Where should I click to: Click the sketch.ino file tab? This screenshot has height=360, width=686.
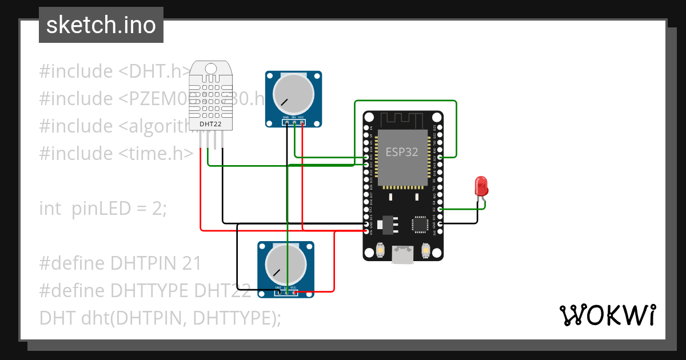pyautogui.click(x=101, y=25)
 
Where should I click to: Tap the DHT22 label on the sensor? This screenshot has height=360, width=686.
pyautogui.click(x=210, y=123)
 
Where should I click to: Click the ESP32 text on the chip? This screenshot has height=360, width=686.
pyautogui.click(x=401, y=152)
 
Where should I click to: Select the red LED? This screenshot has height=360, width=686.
pyautogui.click(x=481, y=186)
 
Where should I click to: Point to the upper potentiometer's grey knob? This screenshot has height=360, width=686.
pyautogui.click(x=293, y=94)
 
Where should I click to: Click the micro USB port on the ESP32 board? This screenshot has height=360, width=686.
pyautogui.click(x=403, y=254)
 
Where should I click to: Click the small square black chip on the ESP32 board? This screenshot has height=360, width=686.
pyautogui.click(x=420, y=224)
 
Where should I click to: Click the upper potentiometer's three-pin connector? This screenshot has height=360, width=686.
pyautogui.click(x=293, y=121)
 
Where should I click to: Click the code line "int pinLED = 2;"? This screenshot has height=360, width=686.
pyautogui.click(x=103, y=209)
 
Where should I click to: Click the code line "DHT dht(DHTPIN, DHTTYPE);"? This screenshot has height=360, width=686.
pyautogui.click(x=160, y=317)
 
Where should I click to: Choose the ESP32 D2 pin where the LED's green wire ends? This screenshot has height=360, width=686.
pyautogui.click(x=440, y=210)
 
